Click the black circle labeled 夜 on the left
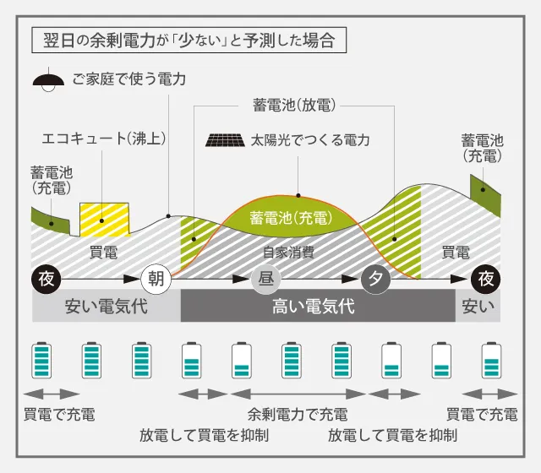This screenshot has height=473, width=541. coord(45,279)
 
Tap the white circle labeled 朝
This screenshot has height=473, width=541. coord(156,279)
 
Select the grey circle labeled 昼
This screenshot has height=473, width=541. coord(265,279)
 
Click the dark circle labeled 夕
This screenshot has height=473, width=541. coord(376,279)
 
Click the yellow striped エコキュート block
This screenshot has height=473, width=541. coord(104,220)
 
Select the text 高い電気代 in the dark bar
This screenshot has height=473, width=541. coord(313,307)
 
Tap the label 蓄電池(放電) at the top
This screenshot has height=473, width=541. coord(294,106)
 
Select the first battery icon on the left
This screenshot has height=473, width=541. coord(41,361)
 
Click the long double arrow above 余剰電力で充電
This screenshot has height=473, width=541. coord(298,394)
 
